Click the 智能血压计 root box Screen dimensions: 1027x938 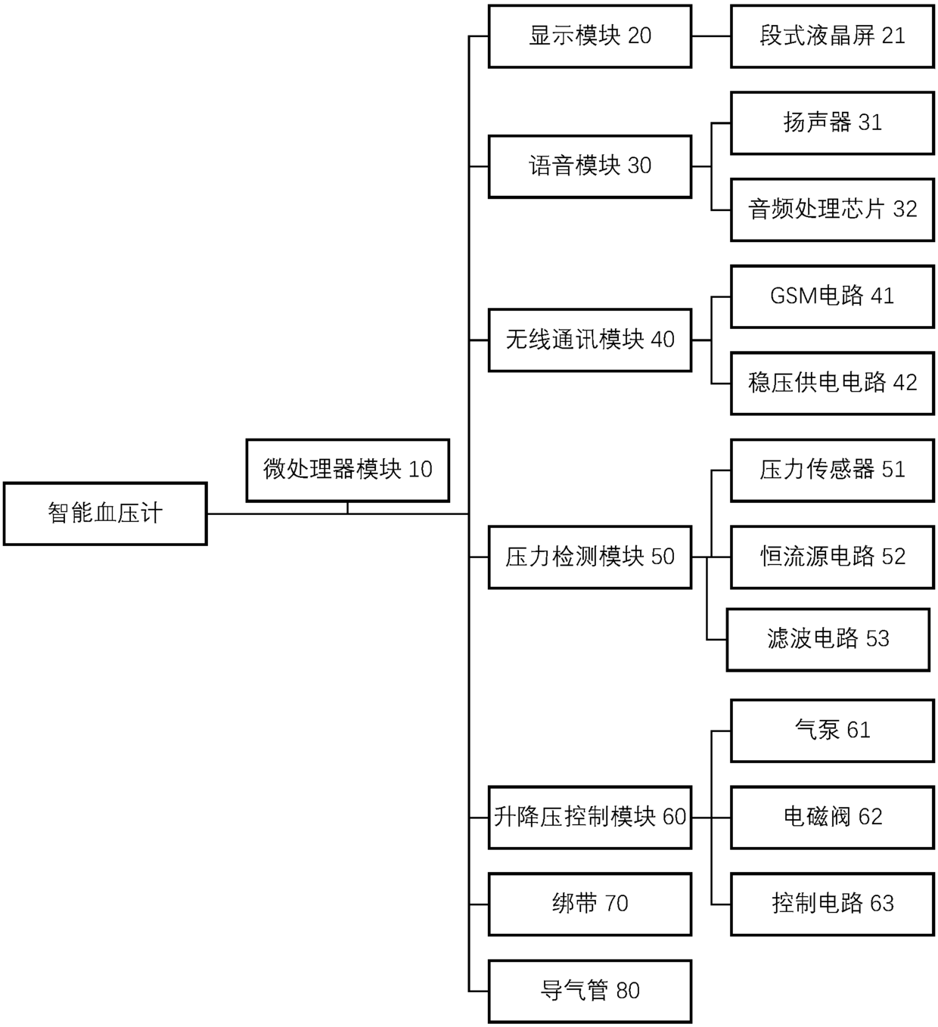pyautogui.click(x=105, y=513)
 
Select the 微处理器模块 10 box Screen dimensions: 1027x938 pyautogui.click(x=347, y=470)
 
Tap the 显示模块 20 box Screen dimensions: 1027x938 pyautogui.click(x=589, y=36)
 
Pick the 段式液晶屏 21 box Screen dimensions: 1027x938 pyautogui.click(x=832, y=36)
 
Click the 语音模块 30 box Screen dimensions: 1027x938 pyautogui.click(x=589, y=166)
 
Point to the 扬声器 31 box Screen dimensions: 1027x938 pyautogui.click(x=832, y=123)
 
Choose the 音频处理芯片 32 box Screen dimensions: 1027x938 pyautogui.click(x=832, y=209)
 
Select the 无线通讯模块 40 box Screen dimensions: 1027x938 pyautogui.click(x=589, y=340)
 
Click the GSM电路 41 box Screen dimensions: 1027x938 pyautogui.click(x=832, y=296)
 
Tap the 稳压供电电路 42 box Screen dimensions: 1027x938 pyautogui.click(x=832, y=383)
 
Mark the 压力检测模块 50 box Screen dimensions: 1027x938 pyautogui.click(x=589, y=557)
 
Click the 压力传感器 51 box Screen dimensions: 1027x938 pyautogui.click(x=832, y=470)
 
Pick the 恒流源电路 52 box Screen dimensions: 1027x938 pyautogui.click(x=832, y=557)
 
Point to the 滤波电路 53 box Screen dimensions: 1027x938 pyautogui.click(x=828, y=639)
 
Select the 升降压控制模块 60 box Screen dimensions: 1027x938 pyautogui.click(x=589, y=817)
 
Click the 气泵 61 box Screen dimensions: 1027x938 pyautogui.click(x=832, y=731)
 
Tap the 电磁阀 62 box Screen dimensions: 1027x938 pyautogui.click(x=832, y=817)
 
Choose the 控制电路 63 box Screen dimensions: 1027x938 pyautogui.click(x=832, y=904)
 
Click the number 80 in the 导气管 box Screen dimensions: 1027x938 pyautogui.click(x=628, y=991)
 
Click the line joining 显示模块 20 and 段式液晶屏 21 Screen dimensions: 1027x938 pyautogui.click(x=711, y=36)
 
